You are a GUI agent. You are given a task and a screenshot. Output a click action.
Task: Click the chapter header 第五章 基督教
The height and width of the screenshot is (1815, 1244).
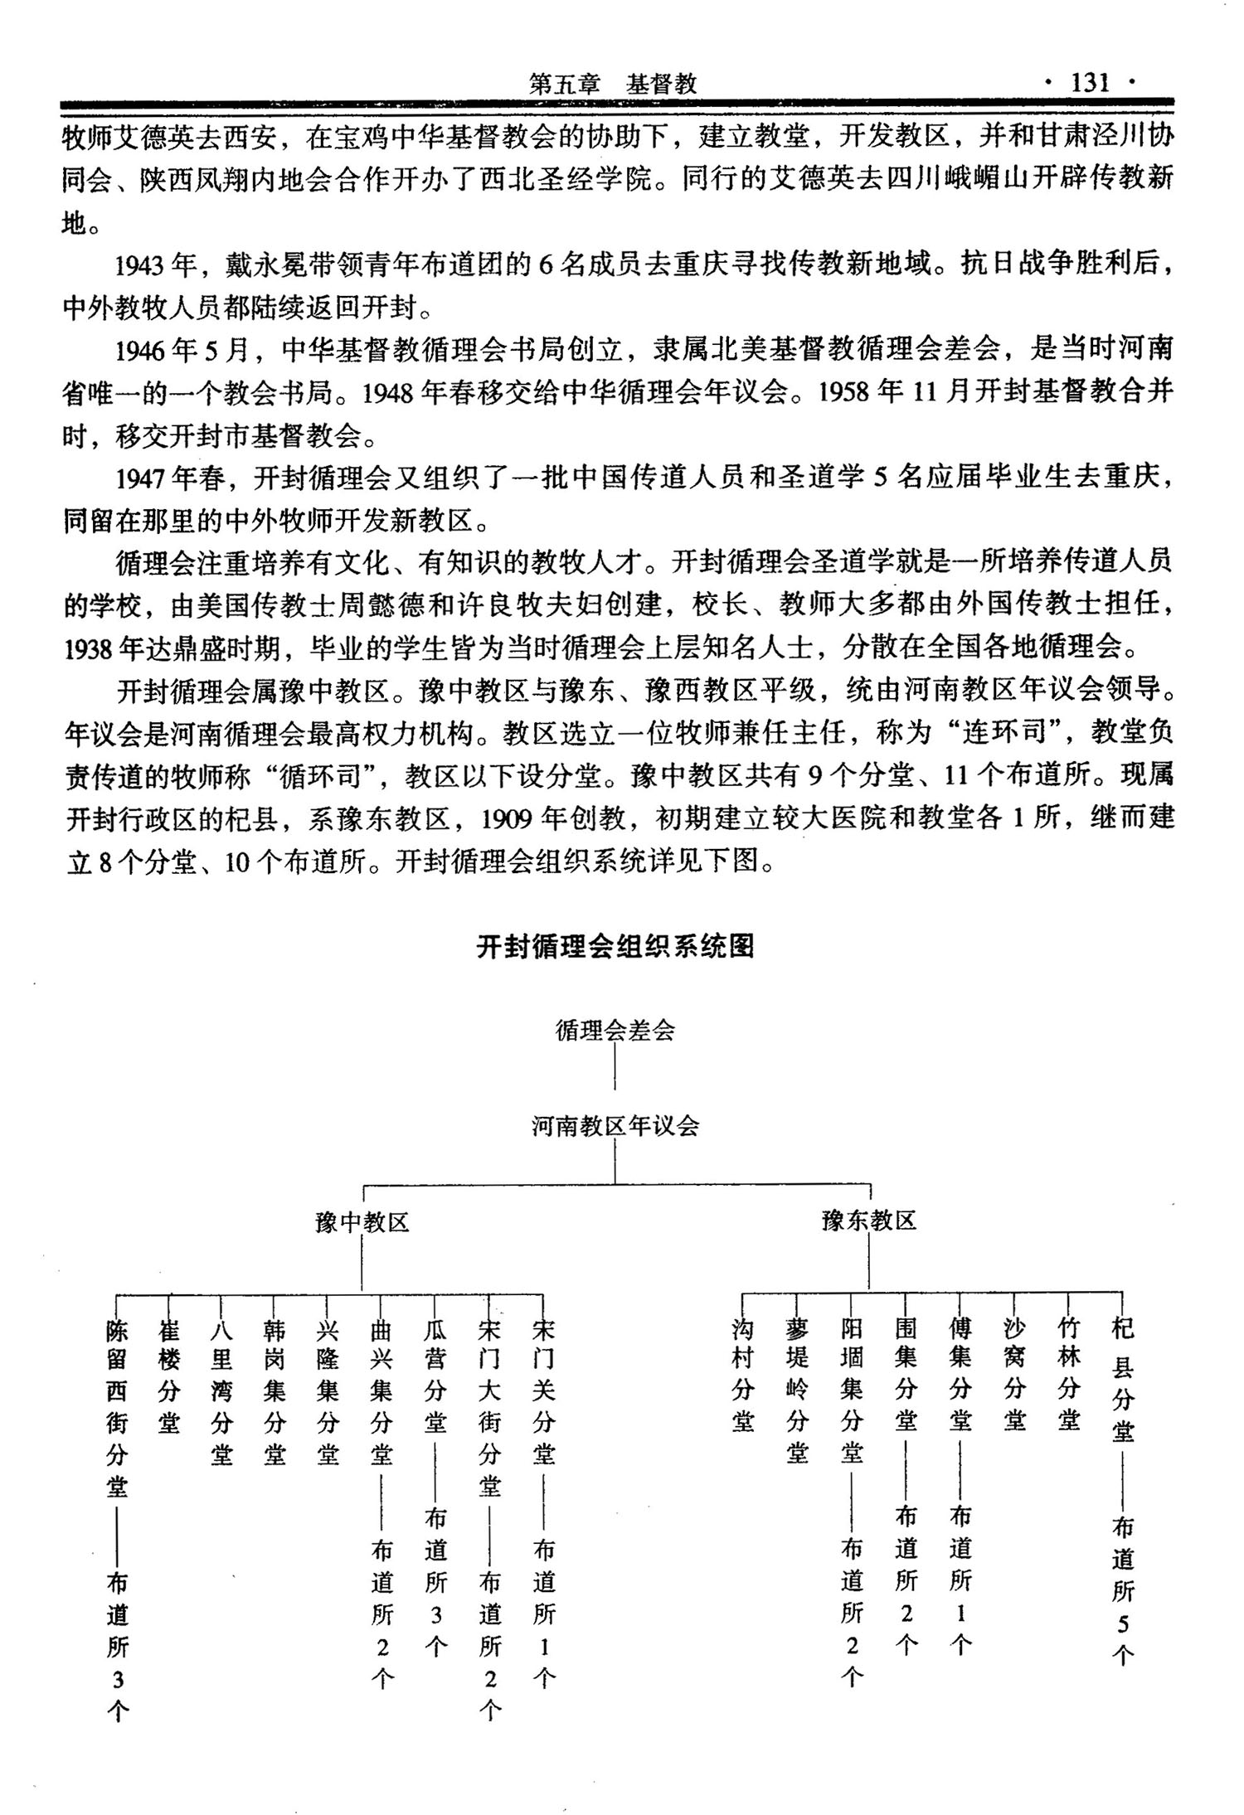612,84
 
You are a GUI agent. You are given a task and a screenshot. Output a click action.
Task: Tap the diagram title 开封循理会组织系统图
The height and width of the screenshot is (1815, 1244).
615,946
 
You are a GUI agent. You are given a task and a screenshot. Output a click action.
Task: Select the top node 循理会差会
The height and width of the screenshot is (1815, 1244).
615,1031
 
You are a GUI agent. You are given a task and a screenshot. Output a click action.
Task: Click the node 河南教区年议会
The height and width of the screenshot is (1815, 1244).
615,1125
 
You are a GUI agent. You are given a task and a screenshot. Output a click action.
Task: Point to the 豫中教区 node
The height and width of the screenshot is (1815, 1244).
362,1221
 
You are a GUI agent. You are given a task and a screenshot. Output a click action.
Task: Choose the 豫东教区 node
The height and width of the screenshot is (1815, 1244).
868,1220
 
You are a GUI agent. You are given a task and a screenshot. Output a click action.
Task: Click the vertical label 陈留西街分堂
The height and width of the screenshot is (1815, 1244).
117,1409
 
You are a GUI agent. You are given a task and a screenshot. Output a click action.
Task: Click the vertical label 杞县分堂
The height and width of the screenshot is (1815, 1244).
1122,1383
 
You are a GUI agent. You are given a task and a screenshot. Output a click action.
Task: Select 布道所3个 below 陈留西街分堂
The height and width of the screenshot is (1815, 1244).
118,1646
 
